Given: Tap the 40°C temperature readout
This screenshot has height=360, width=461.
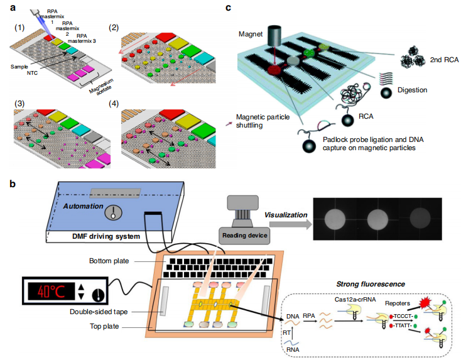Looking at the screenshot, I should coord(53,292).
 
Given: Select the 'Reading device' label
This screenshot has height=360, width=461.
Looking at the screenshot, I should coord(243,235).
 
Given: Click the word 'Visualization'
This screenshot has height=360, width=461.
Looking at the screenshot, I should coord(285,215).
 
